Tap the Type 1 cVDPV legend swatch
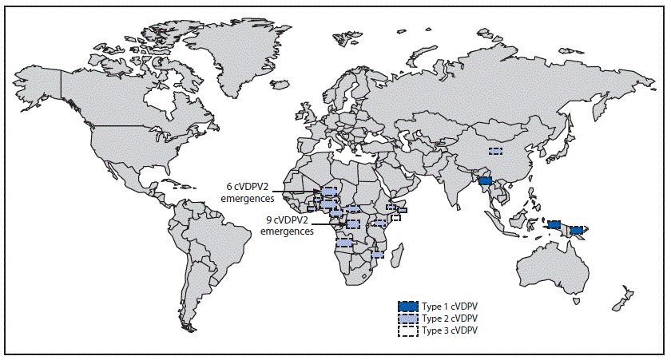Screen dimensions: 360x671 tap(408, 306)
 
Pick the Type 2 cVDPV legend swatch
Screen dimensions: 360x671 tap(408, 318)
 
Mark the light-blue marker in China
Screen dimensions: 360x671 tap(496, 150)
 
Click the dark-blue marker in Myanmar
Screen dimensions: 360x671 tap(485, 181)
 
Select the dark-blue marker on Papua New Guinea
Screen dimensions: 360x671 tap(575, 230)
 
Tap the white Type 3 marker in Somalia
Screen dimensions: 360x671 tap(395, 217)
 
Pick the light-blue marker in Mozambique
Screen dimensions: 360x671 tap(378, 255)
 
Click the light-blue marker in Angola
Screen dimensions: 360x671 tap(343, 242)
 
